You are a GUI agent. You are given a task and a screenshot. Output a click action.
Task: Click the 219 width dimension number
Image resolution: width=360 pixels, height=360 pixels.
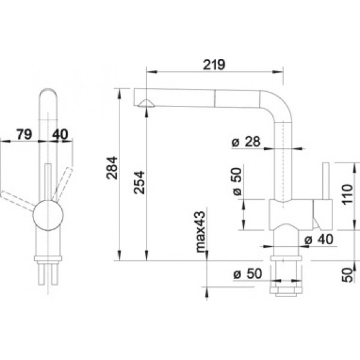(x=214, y=64)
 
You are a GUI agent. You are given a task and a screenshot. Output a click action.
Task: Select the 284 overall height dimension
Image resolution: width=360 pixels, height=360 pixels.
(x=112, y=167)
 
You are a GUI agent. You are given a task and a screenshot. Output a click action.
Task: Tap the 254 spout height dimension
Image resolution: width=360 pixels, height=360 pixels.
(x=139, y=183)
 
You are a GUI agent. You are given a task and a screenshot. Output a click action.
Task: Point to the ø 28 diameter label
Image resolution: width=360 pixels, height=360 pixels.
(x=246, y=141)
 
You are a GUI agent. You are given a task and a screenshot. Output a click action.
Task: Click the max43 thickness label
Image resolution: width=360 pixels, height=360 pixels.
(x=200, y=232)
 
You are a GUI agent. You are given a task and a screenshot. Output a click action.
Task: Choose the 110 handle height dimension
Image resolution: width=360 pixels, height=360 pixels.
(x=347, y=194)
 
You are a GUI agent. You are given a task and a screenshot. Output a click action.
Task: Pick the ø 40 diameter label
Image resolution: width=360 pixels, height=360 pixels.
(x=319, y=239)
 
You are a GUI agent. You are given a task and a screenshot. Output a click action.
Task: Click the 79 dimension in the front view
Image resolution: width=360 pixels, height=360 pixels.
(x=24, y=134)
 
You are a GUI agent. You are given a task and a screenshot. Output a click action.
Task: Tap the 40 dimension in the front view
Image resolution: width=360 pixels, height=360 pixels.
(x=60, y=134)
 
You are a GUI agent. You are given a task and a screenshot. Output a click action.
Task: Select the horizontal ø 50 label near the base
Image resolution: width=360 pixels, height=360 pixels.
(x=247, y=274)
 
